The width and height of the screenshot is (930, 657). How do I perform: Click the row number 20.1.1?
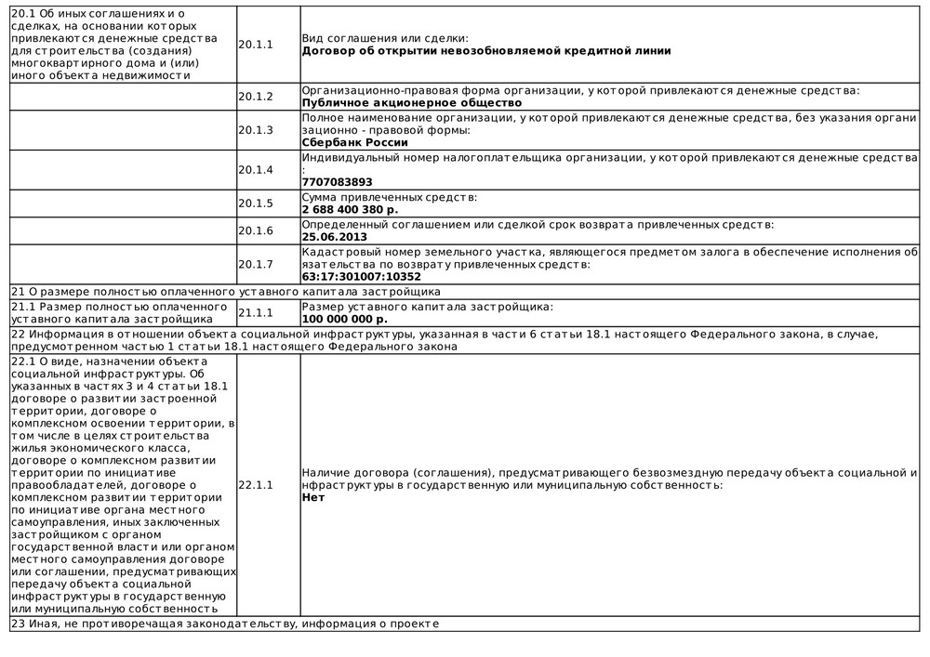[255, 44]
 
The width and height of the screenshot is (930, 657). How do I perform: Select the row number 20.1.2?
[255, 97]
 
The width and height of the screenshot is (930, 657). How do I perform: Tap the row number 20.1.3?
[255, 130]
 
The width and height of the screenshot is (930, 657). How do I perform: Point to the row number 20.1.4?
[255, 170]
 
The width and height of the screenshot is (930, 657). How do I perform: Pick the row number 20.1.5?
[255, 204]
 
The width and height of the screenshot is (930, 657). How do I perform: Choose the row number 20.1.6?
[255, 230]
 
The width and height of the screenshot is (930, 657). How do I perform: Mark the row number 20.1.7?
[255, 264]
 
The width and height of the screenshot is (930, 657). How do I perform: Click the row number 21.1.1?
[255, 313]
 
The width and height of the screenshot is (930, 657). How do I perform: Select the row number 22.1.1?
[255, 485]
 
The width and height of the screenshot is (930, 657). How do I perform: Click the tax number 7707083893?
[337, 182]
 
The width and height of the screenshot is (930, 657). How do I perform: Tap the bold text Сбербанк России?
[355, 143]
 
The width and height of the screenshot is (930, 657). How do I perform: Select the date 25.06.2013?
[333, 237]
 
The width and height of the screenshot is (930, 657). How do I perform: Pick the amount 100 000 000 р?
[345, 319]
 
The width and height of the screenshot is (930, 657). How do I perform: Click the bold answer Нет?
[312, 497]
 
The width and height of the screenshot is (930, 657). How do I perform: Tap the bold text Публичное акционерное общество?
[411, 103]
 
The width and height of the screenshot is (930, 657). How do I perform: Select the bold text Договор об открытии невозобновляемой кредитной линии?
[486, 50]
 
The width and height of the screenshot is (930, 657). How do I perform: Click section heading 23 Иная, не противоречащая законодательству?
[223, 624]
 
